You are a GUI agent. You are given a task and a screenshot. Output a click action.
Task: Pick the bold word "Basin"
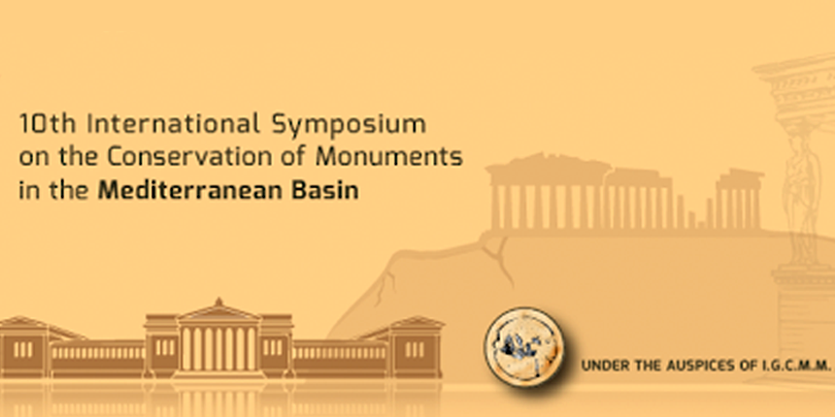click(328, 190)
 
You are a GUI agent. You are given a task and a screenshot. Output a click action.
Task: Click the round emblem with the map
click(524, 348)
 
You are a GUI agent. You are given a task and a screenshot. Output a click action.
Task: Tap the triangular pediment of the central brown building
click(218, 313)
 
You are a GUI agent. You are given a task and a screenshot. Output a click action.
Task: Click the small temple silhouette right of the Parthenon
click(739, 200)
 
